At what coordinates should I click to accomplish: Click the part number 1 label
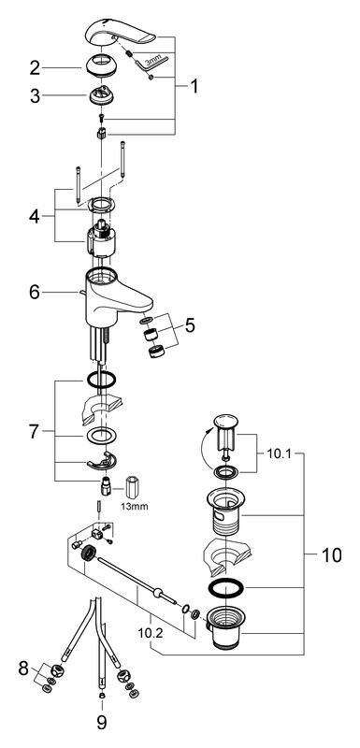pyautogui.click(x=194, y=86)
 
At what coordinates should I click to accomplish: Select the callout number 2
pyautogui.click(x=35, y=68)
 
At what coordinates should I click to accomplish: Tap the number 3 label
pyautogui.click(x=35, y=95)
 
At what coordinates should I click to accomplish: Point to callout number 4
pyautogui.click(x=35, y=216)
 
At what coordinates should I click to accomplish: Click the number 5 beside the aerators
pyautogui.click(x=190, y=325)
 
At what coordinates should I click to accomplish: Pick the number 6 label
pyautogui.click(x=35, y=292)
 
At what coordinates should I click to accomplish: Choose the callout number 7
pyautogui.click(x=34, y=432)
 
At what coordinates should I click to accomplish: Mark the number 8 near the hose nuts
pyautogui.click(x=23, y=669)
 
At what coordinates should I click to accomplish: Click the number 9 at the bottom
pyautogui.click(x=102, y=722)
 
